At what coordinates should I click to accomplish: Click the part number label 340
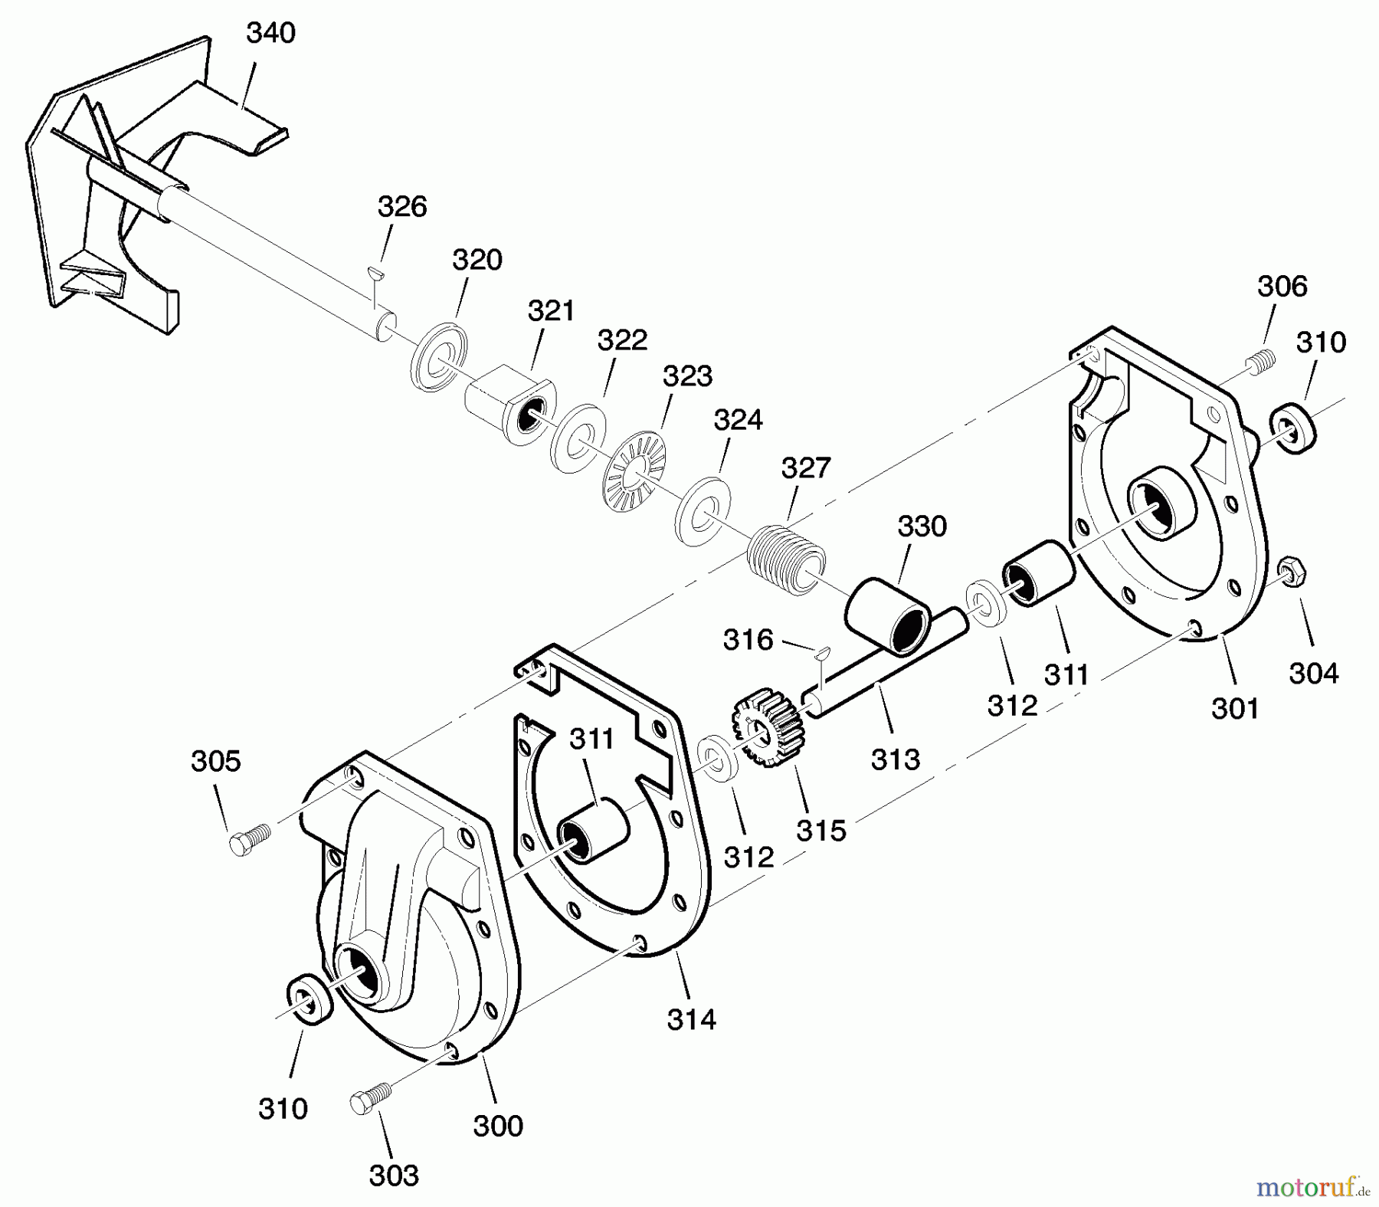270,34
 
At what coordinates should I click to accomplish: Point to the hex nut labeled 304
1293,572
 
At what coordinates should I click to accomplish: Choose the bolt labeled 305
248,838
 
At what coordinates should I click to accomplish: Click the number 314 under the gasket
691,1019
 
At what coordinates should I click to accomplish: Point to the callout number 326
402,207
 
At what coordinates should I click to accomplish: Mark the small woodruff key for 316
823,652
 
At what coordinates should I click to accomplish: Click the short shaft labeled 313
881,665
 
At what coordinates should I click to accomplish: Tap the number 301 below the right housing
1235,709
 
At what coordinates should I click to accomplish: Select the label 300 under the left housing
498,1126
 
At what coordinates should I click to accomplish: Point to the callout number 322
622,340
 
